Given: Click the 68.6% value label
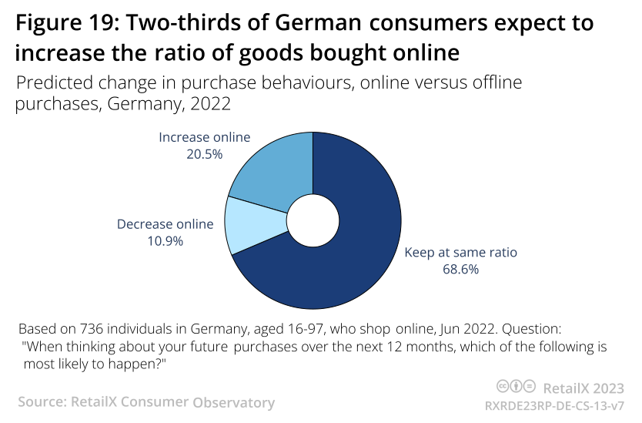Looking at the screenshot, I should tap(460, 269).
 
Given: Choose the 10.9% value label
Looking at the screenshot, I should tap(165, 240).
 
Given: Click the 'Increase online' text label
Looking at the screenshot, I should tap(204, 137).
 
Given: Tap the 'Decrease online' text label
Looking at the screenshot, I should tap(165, 224).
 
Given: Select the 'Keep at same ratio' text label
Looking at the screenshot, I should tap(460, 252).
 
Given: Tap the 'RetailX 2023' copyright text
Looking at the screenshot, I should tap(583, 387).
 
